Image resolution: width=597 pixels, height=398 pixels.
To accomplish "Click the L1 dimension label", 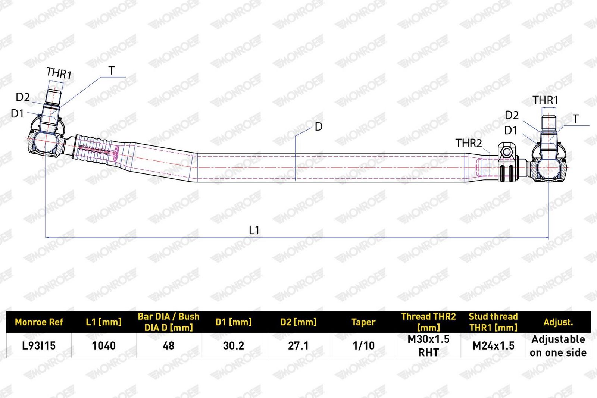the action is pyautogui.click(x=254, y=230).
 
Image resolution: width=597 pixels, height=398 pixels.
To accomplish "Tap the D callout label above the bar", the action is pyautogui.click(x=319, y=127).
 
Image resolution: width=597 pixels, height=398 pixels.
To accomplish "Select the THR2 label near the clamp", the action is pyautogui.click(x=469, y=143).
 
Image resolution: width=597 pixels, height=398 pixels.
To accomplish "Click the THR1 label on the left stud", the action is pyautogui.click(x=59, y=73).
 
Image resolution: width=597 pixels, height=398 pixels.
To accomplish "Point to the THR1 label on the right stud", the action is pyautogui.click(x=545, y=100).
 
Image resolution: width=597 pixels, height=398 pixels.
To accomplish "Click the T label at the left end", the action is pyautogui.click(x=112, y=70).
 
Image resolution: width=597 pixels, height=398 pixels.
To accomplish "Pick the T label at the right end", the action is pyautogui.click(x=576, y=119).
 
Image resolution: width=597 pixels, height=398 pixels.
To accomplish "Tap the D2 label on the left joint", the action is pyautogui.click(x=23, y=97).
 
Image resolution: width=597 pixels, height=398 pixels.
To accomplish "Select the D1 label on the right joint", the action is pyautogui.click(x=511, y=131).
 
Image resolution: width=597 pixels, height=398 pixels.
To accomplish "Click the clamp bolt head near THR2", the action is pyautogui.click(x=507, y=153).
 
